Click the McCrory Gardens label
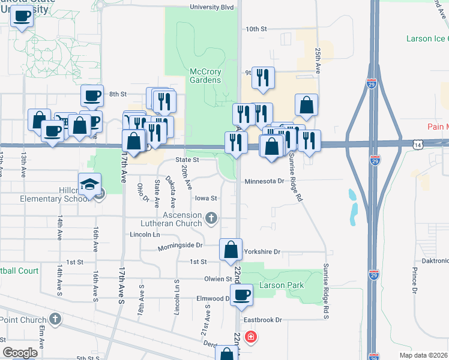205,76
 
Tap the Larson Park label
281,285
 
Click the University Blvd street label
211,8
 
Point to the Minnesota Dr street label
264,181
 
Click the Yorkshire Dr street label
262,253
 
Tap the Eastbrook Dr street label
263,320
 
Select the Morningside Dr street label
180,245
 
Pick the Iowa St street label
205,197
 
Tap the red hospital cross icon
250,337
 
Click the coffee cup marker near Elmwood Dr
241,295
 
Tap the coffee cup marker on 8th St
92,96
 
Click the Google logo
20,353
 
